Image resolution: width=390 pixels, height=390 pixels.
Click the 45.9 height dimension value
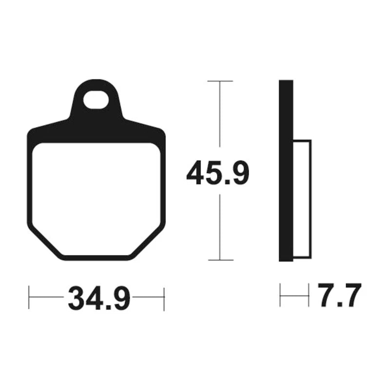point(217,173)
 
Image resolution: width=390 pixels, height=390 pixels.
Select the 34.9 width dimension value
point(99,298)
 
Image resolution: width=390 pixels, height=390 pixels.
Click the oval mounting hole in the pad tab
point(96,100)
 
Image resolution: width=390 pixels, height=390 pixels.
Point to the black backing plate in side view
point(286,171)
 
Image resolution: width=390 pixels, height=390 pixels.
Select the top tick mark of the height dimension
point(220,81)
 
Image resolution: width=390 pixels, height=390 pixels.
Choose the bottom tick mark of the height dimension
point(221,260)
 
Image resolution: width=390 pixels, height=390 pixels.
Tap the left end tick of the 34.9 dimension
point(29,297)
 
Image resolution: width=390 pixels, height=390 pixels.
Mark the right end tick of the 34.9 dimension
point(164,299)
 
